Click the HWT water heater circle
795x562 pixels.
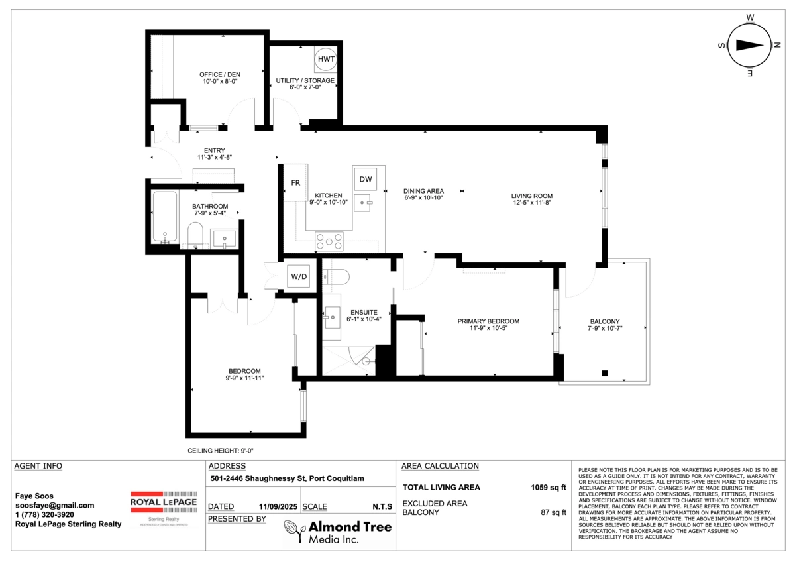click(x=326, y=59)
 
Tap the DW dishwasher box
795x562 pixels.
click(x=366, y=179)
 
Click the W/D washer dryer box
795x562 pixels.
click(x=297, y=276)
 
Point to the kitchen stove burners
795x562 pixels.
click(x=329, y=241)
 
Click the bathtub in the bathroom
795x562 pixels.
click(x=164, y=217)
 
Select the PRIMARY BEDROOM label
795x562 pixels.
click(x=488, y=321)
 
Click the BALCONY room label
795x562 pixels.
click(x=604, y=321)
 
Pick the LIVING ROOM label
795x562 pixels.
click(x=531, y=196)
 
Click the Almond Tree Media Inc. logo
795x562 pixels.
click(x=338, y=532)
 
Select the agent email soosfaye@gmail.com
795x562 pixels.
click(x=54, y=505)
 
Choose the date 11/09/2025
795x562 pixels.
click(x=278, y=506)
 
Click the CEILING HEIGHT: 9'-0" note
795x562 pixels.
click(x=221, y=450)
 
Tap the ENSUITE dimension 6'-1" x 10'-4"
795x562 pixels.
click(x=364, y=319)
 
